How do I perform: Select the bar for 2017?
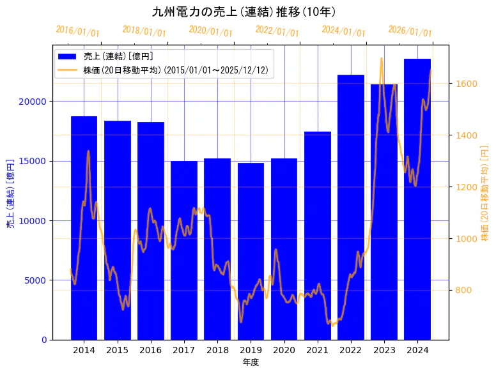(184, 250)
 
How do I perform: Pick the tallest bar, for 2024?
(417, 199)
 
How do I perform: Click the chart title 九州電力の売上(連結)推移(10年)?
(244, 11)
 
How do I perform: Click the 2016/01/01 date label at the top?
(78, 31)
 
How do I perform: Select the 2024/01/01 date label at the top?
(344, 31)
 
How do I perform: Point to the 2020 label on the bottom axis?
(284, 350)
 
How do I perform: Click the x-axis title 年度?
(251, 362)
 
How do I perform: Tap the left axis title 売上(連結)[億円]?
(10, 194)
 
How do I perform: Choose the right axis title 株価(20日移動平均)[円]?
(484, 194)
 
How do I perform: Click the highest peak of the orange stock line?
(382, 58)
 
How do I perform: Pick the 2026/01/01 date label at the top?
(410, 31)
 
